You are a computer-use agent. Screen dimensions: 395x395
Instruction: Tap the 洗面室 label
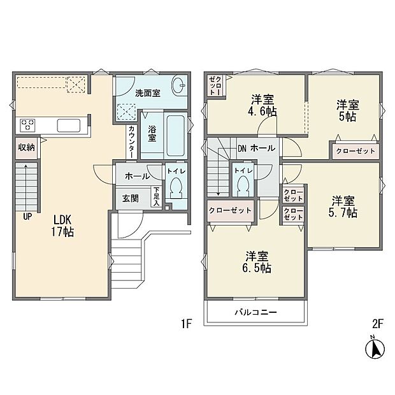click(147, 93)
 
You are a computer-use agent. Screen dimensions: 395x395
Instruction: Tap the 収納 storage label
click(26, 148)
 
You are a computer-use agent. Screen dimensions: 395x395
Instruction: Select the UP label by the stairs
click(27, 216)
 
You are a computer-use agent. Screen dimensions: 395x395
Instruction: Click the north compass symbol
click(376, 348)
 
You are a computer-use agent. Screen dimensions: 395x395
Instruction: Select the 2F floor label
click(377, 324)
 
